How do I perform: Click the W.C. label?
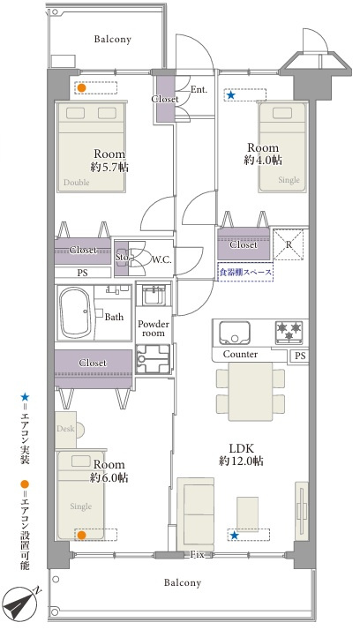point(161,259)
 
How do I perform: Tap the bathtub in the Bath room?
point(75,311)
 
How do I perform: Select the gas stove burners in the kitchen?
point(289,333)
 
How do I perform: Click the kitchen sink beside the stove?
point(235,333)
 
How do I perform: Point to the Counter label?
point(240,355)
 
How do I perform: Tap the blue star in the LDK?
point(234,536)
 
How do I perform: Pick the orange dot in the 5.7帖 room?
point(81,88)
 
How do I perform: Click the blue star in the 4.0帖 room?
point(230,94)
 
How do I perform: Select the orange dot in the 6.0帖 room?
point(81,535)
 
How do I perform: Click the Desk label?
point(65,429)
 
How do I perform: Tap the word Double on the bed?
point(77,183)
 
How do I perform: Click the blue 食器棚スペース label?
point(245,273)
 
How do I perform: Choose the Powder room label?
point(153,328)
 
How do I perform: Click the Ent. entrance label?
point(199,90)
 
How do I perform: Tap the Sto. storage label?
point(122,257)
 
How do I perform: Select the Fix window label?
point(197,555)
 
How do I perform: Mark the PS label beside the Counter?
point(300,356)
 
